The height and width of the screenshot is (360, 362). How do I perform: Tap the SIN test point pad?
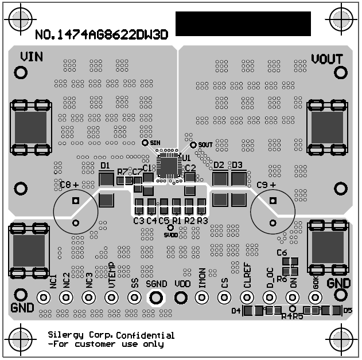click(x=145, y=143)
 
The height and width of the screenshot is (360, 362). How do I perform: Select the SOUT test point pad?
click(x=193, y=145)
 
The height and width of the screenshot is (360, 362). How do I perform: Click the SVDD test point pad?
click(x=170, y=227)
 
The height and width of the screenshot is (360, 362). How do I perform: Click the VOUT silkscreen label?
click(x=327, y=58)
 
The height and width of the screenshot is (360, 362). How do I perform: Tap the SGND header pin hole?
click(x=156, y=297)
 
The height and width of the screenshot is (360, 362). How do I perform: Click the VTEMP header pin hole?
click(x=111, y=297)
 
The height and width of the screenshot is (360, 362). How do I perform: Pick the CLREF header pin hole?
click(x=247, y=297)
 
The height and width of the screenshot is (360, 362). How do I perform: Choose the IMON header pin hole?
click(x=201, y=297)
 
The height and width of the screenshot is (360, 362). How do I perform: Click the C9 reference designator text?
click(x=263, y=185)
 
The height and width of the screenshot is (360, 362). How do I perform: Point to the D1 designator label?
click(x=105, y=166)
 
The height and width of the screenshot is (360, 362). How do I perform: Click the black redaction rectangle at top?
click(x=243, y=24)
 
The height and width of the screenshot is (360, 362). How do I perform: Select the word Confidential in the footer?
click(x=145, y=335)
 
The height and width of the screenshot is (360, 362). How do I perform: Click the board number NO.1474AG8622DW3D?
click(x=102, y=34)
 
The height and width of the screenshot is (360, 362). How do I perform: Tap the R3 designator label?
click(x=202, y=221)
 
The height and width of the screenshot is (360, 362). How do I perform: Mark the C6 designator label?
click(x=281, y=252)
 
